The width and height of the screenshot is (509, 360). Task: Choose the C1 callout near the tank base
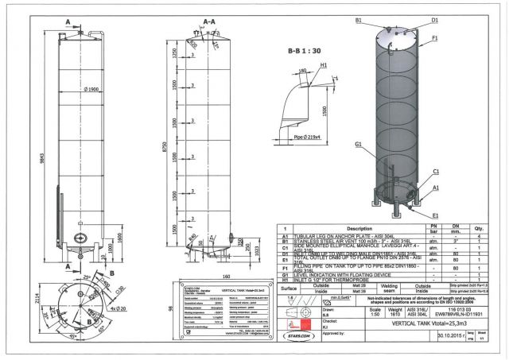437,171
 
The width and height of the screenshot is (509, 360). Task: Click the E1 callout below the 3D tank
437,215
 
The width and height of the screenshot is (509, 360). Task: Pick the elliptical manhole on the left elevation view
79,239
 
